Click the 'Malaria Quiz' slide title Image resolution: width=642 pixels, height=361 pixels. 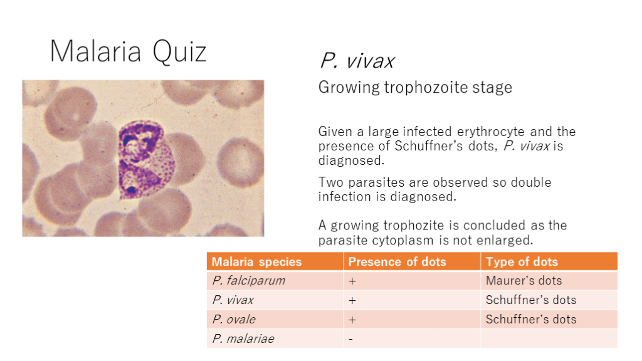128,52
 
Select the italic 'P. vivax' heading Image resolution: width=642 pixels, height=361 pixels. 357,61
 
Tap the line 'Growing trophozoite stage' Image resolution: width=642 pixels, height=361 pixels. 415,88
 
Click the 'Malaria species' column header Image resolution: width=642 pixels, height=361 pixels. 256,262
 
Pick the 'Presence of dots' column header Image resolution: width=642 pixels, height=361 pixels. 397,262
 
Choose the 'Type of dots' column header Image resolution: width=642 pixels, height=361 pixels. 522,262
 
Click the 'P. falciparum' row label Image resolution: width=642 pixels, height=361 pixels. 248,281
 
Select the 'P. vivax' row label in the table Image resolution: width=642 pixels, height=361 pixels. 233,300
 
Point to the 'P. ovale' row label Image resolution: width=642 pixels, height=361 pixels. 234,319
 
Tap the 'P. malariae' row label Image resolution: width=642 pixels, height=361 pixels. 243,338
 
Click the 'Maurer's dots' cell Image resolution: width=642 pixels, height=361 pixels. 524,281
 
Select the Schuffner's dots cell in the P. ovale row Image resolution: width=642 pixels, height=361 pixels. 530,319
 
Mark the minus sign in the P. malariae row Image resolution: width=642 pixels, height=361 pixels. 351,339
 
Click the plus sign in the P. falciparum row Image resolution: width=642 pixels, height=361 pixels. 352,281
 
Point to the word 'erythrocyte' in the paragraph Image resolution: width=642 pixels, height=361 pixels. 490,132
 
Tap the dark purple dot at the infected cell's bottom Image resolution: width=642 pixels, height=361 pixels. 132,190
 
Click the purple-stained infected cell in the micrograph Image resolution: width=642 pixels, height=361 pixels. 145,160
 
